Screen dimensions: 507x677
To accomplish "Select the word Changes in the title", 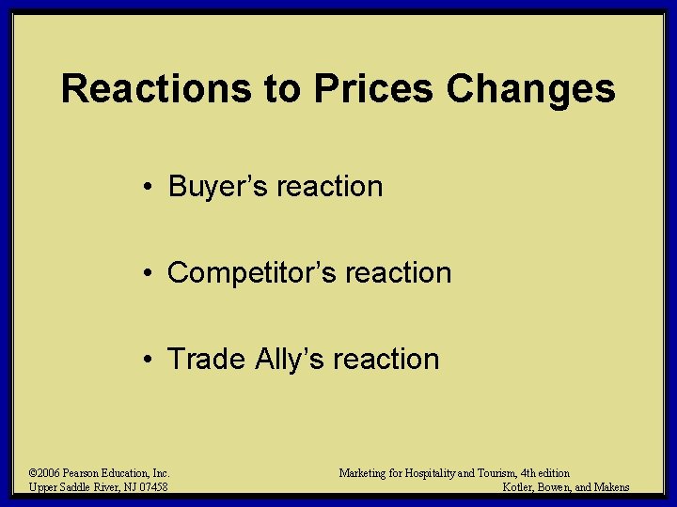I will [x=531, y=89].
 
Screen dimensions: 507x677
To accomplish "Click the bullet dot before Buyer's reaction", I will [x=150, y=187].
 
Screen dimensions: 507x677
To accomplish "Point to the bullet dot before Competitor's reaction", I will [x=150, y=273].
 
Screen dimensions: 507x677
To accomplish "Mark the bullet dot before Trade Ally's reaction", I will [x=150, y=360].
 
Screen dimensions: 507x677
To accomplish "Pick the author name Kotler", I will [x=520, y=487].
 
